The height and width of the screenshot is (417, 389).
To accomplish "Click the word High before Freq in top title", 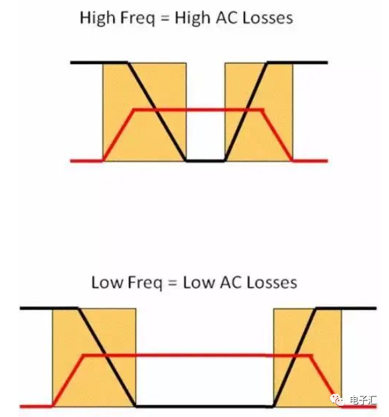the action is (x=98, y=18).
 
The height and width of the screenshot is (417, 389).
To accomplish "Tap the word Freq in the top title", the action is (x=137, y=19).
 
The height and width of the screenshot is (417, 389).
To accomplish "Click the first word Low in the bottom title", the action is (x=108, y=282).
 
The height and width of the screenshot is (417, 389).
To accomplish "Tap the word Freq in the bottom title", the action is (x=145, y=283).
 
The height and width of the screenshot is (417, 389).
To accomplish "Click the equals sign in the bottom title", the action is (x=172, y=283).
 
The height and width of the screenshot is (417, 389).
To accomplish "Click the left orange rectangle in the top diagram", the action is (x=145, y=112).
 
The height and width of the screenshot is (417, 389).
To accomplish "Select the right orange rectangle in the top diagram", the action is (x=259, y=112).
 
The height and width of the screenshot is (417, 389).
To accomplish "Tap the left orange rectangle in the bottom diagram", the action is (x=94, y=358).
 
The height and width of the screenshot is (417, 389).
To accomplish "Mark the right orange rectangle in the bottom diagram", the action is (x=307, y=358).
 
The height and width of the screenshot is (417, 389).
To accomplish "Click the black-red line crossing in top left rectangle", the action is (x=155, y=109).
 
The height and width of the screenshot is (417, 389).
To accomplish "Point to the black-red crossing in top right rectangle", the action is (x=247, y=109).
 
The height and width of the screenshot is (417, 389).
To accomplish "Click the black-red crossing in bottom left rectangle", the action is (x=105, y=355).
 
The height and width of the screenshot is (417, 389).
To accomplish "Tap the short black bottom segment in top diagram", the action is (x=205, y=161).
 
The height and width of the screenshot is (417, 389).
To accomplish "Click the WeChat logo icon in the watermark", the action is (x=337, y=400).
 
